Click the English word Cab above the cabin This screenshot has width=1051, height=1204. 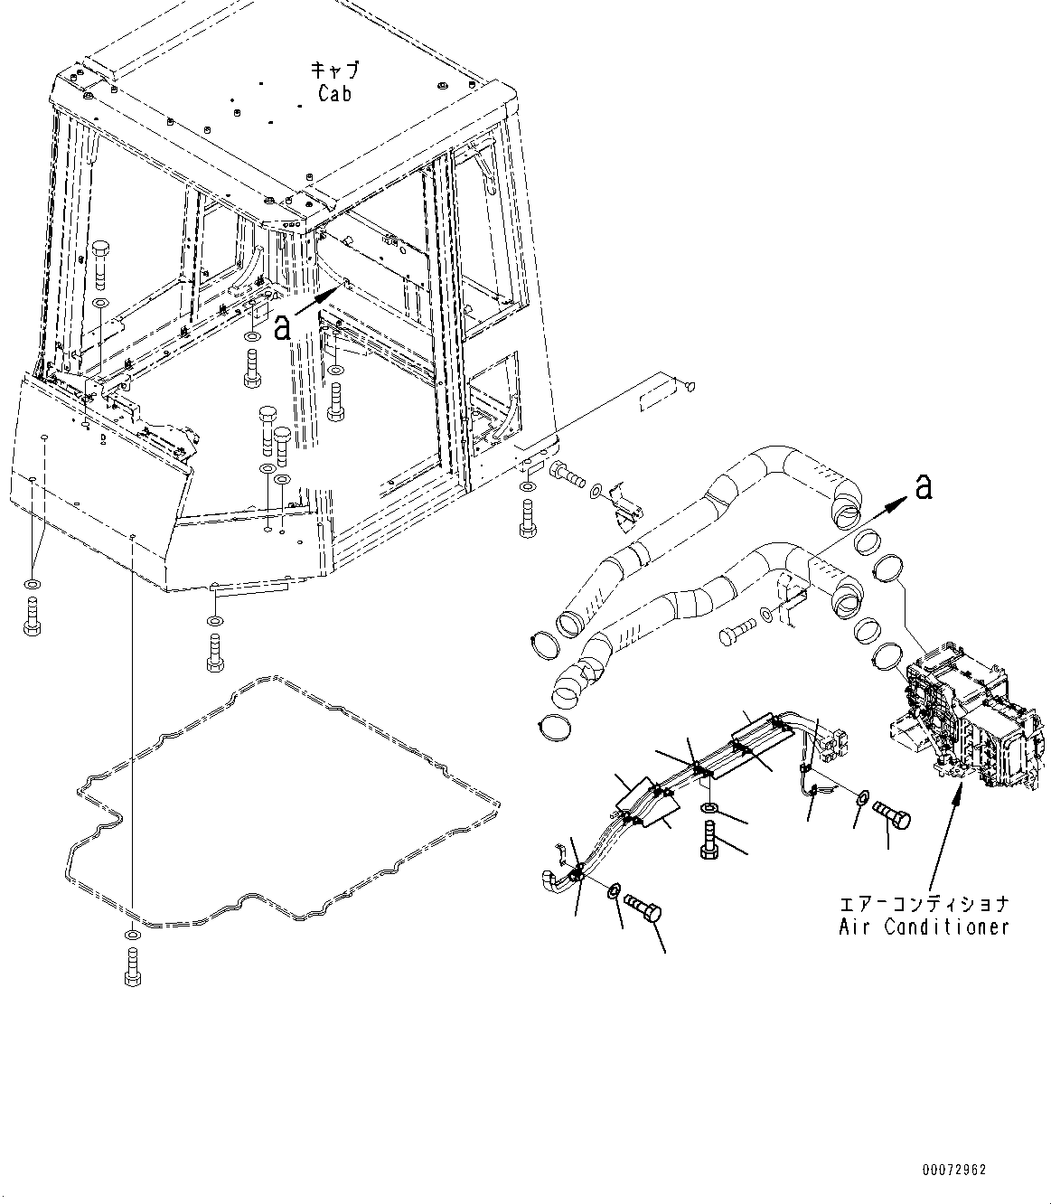[334, 93]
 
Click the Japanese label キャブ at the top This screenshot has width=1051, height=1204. [334, 70]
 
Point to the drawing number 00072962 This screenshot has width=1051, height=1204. [954, 1170]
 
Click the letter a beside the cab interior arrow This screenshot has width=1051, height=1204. [283, 327]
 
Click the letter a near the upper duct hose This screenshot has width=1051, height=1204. [924, 486]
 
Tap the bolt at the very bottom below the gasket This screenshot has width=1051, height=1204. [133, 967]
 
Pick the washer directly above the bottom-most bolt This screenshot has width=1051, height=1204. [132, 935]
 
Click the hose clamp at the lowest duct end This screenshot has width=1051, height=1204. [555, 728]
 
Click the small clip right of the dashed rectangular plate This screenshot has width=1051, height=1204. [690, 385]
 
